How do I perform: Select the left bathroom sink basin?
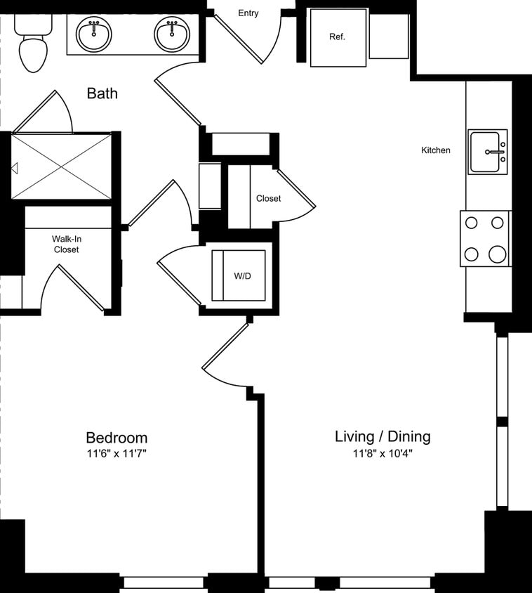(94, 35)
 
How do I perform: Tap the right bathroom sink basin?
(171, 35)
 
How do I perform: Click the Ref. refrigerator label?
(338, 37)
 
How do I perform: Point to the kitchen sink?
(488, 152)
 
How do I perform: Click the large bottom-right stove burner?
(498, 254)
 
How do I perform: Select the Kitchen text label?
(436, 150)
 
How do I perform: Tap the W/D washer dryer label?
(242, 276)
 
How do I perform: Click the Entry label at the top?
(248, 13)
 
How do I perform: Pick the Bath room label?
(102, 93)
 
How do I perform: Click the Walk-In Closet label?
(66, 244)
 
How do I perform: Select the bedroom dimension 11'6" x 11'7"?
(117, 454)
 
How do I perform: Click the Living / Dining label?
(383, 436)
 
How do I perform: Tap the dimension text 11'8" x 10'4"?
(383, 454)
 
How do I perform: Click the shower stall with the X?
(62, 167)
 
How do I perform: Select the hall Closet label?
(268, 199)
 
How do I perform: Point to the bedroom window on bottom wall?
(164, 582)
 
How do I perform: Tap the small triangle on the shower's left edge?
(14, 168)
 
